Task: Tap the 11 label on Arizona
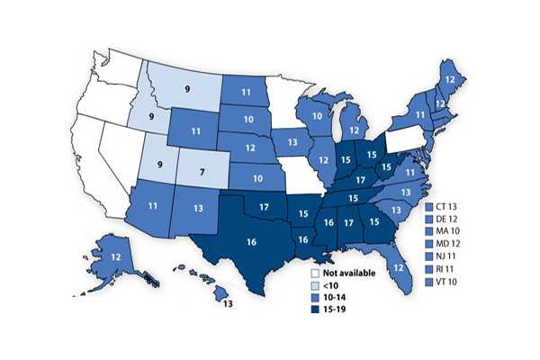tap(154, 205)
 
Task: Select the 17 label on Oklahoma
tap(265, 207)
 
